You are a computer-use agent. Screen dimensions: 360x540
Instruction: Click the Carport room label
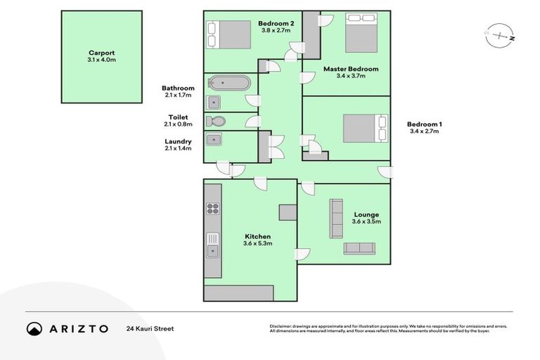101,52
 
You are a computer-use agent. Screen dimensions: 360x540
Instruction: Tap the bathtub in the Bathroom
227,83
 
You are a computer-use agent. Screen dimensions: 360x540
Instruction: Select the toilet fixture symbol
216,122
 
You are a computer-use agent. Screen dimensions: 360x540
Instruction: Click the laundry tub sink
214,139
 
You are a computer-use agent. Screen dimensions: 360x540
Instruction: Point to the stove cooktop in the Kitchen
212,208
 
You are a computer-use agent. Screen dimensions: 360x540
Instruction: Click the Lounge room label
366,214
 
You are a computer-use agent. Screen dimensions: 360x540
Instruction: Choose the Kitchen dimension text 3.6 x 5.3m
257,244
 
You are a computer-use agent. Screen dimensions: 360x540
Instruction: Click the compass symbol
500,34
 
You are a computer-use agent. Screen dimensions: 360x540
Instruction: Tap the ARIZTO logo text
78,328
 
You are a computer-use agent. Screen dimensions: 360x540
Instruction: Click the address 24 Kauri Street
150,328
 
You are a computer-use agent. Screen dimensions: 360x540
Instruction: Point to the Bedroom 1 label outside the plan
425,124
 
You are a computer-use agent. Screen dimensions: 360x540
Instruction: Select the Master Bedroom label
351,69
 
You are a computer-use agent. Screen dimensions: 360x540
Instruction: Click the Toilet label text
178,117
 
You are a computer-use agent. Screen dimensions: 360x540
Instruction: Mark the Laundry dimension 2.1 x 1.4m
178,148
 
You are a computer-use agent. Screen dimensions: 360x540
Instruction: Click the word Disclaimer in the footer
282,326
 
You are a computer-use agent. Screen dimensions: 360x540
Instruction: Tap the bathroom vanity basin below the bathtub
214,102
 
